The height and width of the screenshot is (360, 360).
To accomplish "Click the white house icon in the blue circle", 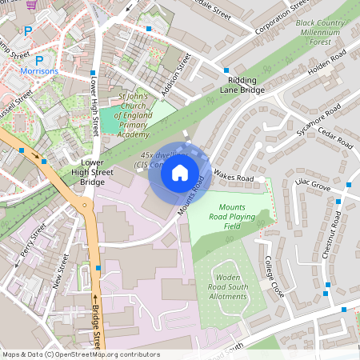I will [x=180, y=172].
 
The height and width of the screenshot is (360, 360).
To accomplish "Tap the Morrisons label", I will [x=39, y=71].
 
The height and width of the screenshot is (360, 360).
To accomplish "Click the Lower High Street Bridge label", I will [x=87, y=171].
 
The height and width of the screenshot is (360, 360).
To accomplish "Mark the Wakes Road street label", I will [x=234, y=177].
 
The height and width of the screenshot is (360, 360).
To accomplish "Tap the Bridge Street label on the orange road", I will [x=96, y=328].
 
